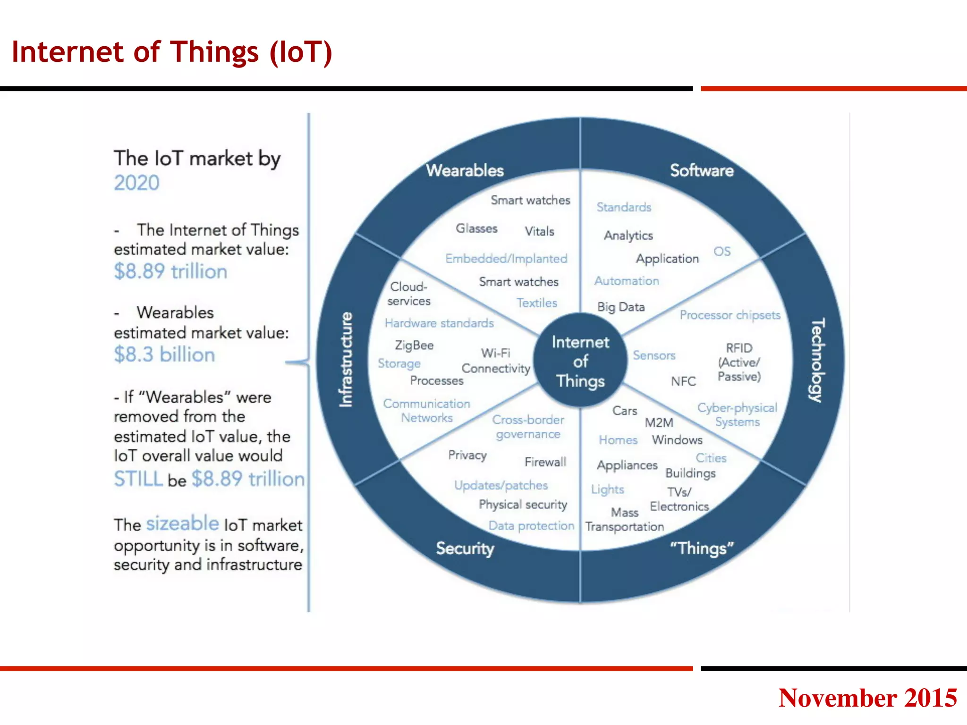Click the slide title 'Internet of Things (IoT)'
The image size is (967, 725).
pyautogui.click(x=172, y=52)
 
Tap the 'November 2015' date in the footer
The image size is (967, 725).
pyautogui.click(x=867, y=698)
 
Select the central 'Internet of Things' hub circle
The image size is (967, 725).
pyautogui.click(x=580, y=361)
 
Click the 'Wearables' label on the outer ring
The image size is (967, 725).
pyautogui.click(x=465, y=170)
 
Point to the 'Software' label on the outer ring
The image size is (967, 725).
pyautogui.click(x=702, y=170)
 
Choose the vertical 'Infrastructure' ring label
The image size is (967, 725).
pyautogui.click(x=346, y=360)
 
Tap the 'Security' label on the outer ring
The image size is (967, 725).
pyautogui.click(x=465, y=548)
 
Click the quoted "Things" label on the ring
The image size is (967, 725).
pyautogui.click(x=702, y=548)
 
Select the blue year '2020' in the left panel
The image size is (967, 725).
pyautogui.click(x=136, y=183)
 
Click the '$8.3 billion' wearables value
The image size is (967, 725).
pyautogui.click(x=164, y=354)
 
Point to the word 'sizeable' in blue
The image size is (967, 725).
pyautogui.click(x=182, y=523)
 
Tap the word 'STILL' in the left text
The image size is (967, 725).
pyautogui.click(x=138, y=479)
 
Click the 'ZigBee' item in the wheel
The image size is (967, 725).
pyautogui.click(x=414, y=345)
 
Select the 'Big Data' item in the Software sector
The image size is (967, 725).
pyautogui.click(x=620, y=307)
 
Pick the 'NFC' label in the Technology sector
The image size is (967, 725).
pyautogui.click(x=683, y=381)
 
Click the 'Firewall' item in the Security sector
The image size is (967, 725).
pyautogui.click(x=545, y=462)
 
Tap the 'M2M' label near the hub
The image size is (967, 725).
pyautogui.click(x=659, y=422)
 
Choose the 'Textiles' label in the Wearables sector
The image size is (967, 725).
pyautogui.click(x=537, y=303)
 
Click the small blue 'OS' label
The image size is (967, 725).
pyautogui.click(x=722, y=251)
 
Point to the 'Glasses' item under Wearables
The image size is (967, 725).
pyautogui.click(x=476, y=228)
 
